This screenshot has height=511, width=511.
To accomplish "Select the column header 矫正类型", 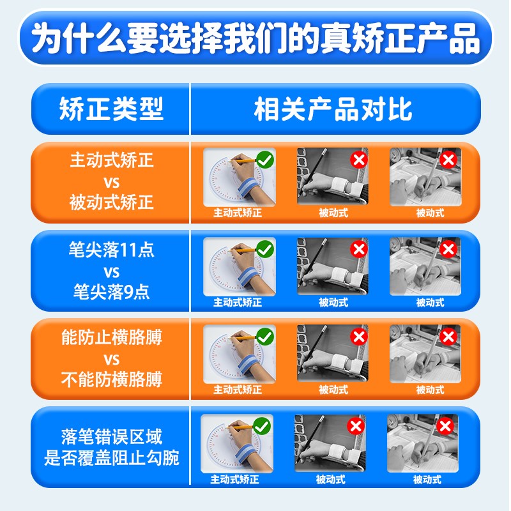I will (x=112, y=109).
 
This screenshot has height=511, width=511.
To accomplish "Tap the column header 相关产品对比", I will (x=333, y=109).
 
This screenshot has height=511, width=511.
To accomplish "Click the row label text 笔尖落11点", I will (x=112, y=249).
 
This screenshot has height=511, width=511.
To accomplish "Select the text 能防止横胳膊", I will (x=112, y=337).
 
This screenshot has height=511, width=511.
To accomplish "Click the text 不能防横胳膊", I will (x=112, y=380).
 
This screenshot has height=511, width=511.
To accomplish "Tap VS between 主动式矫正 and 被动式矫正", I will (x=112, y=182).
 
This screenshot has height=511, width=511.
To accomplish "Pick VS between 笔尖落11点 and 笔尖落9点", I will (x=112, y=271).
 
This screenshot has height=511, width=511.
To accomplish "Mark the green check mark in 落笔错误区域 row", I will (x=262, y=425).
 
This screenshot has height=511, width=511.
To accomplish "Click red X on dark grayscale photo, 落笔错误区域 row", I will (x=356, y=425).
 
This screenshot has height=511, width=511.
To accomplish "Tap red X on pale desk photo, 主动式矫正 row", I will (x=448, y=159).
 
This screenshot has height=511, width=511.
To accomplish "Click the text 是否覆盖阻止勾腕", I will (x=112, y=458).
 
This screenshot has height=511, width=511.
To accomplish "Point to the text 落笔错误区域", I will (x=112, y=437).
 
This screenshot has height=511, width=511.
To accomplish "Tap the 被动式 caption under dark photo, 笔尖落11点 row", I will (x=333, y=302).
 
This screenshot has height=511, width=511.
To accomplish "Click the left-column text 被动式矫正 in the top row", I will (x=112, y=203).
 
